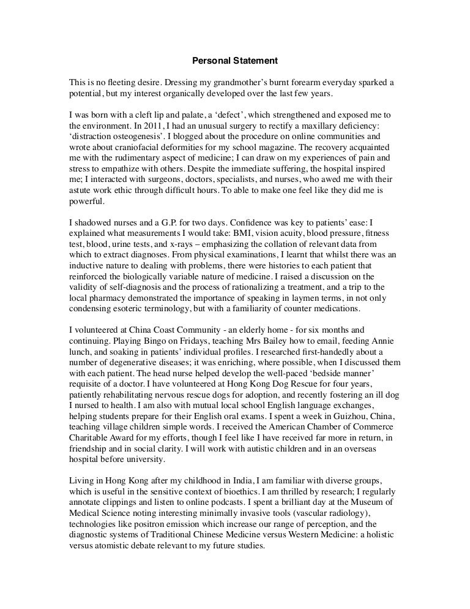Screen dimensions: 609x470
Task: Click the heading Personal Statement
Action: pyautogui.click(x=235, y=61)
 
